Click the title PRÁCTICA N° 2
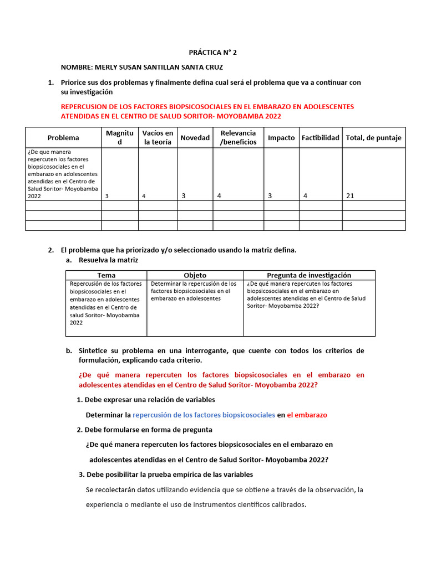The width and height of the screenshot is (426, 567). coord(212,53)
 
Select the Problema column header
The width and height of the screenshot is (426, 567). coord(63,138)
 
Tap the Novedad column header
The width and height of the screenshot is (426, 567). coord(195,138)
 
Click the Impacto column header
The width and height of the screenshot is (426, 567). coord(281,138)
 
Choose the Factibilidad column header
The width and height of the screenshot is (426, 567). coord(320,138)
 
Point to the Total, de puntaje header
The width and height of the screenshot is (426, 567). coord(373,138)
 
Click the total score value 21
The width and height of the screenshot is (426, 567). coord(349,195)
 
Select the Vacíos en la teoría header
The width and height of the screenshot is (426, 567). coord(158,138)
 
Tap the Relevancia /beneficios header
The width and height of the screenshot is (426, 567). coord(238,138)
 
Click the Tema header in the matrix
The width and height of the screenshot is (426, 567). coord(106,275)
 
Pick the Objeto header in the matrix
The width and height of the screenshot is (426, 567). coord(195,275)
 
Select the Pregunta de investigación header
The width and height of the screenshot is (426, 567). coord(309,275)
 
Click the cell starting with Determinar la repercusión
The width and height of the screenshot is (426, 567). coord(194,291)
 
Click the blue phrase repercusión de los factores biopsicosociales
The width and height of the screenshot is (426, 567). coord(204,415)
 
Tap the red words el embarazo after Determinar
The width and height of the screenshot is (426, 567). coord(307,415)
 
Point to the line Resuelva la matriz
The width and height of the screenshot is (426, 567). coord(108,260)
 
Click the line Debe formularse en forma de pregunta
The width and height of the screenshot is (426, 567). coord(148,430)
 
